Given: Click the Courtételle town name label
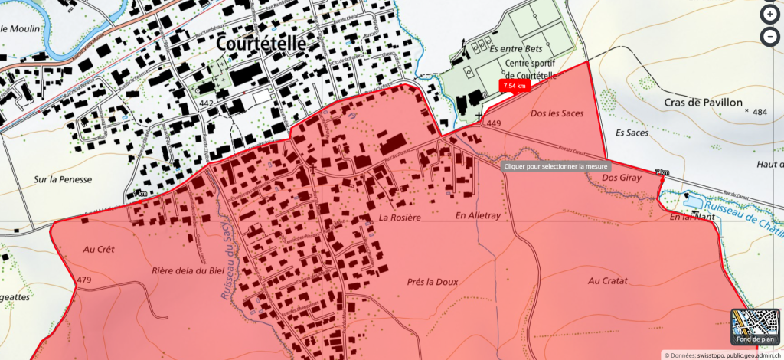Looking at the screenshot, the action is pyautogui.click(x=261, y=44).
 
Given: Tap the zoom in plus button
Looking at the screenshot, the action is pyautogui.click(x=769, y=15).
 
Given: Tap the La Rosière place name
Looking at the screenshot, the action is pyautogui.click(x=400, y=218).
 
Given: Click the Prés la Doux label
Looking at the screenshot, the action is pyautogui.click(x=433, y=282).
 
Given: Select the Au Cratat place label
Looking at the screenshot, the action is pyautogui.click(x=609, y=281).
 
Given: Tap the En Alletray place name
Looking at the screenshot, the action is pyautogui.click(x=477, y=217).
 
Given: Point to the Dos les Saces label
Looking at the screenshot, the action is pyautogui.click(x=557, y=113).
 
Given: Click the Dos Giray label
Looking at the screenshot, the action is pyautogui.click(x=620, y=178).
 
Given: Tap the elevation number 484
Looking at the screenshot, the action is pyautogui.click(x=759, y=113).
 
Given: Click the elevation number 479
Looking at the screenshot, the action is pyautogui.click(x=84, y=280).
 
